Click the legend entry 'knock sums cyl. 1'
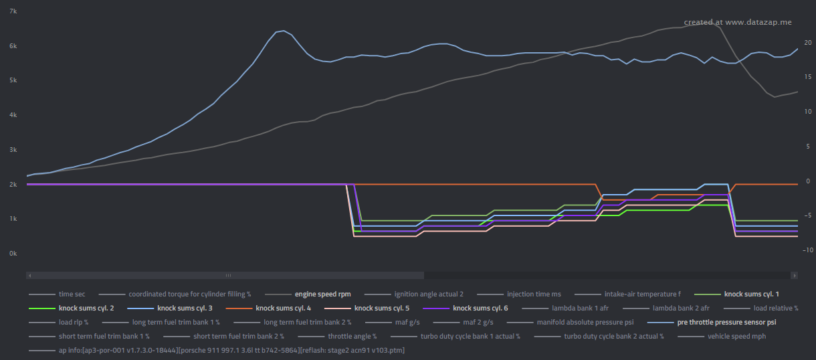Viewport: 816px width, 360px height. (x=751, y=294)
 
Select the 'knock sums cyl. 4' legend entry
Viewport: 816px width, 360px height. (x=283, y=308)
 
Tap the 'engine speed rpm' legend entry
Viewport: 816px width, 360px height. (x=322, y=294)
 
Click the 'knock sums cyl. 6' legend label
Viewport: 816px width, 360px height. (x=480, y=308)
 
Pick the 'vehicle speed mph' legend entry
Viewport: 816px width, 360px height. (x=736, y=336)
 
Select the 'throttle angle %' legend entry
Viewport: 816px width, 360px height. (x=352, y=336)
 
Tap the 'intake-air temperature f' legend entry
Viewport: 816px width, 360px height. (x=642, y=294)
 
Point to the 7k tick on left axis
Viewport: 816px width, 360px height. (x=13, y=11)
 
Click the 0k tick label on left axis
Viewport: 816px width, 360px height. (x=13, y=254)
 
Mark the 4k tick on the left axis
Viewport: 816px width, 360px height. (x=13, y=115)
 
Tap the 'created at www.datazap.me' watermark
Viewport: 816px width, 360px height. (x=737, y=22)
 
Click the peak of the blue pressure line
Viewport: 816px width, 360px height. (x=284, y=31)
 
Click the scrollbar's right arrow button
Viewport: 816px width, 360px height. (x=795, y=275)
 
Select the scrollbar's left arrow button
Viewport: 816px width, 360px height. (x=29, y=275)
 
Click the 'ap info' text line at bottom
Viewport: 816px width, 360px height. (x=231, y=350)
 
